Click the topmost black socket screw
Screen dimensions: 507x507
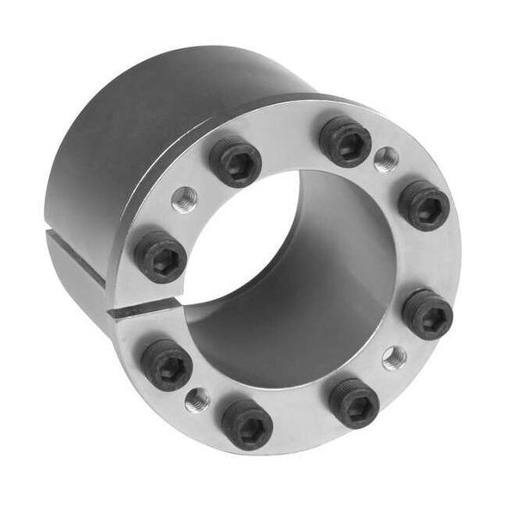(x=345, y=141)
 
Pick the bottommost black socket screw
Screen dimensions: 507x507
(x=247, y=424)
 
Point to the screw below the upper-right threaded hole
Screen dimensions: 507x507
(x=424, y=205)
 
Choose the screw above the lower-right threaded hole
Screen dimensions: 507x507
(x=428, y=314)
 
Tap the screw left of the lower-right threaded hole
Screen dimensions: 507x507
(x=354, y=402)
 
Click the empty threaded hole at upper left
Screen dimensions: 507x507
(x=184, y=200)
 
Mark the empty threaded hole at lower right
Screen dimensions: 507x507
(x=394, y=357)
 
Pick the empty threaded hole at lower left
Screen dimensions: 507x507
(x=198, y=399)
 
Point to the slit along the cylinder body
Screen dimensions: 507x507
(x=77, y=258)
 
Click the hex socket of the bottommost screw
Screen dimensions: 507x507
(x=248, y=423)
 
